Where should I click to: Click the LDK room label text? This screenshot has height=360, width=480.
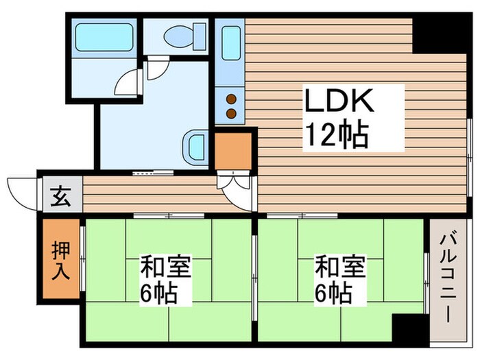(x=339, y=103)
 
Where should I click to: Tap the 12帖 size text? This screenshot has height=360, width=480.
(x=337, y=135)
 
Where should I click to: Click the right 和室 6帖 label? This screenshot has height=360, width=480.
(x=339, y=280)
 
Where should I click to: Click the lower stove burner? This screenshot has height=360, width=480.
(x=231, y=112)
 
